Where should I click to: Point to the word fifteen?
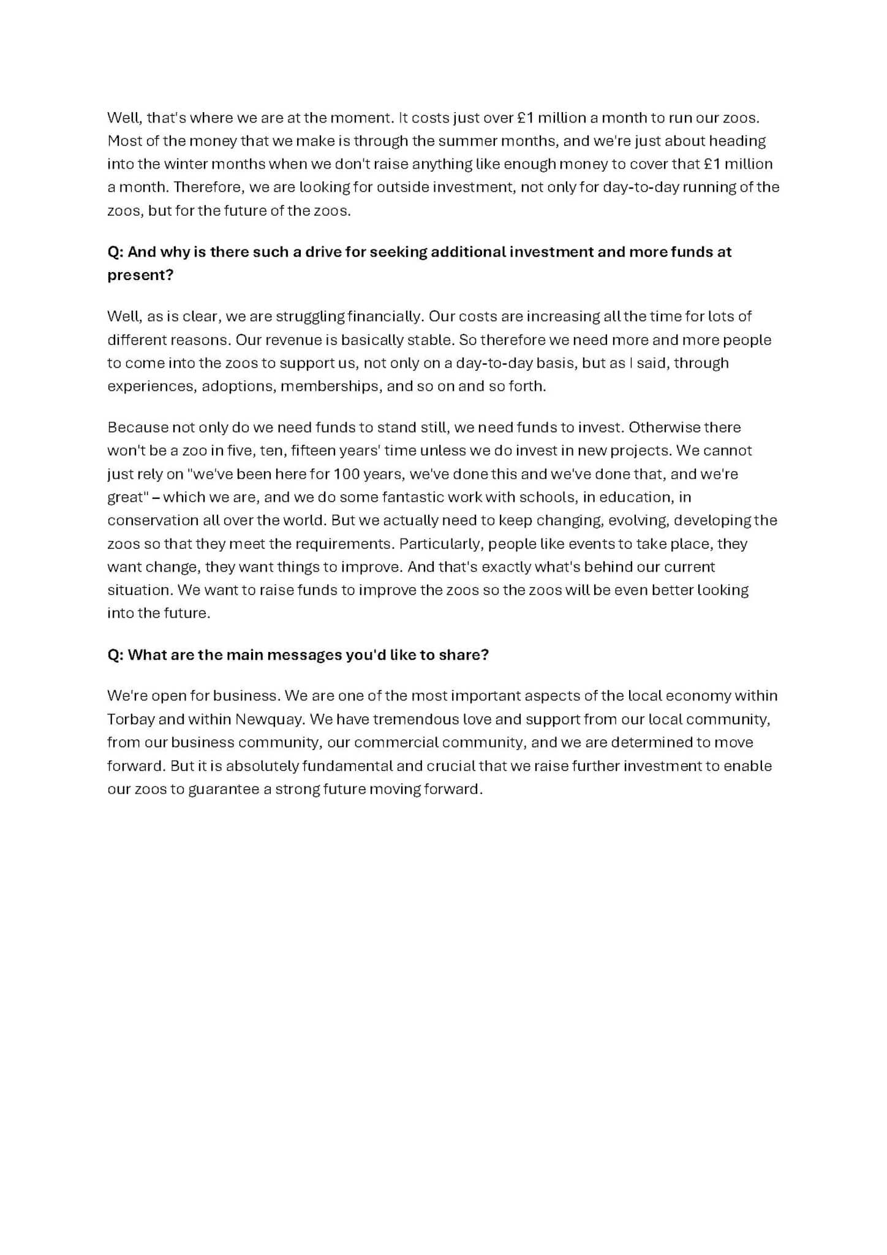tap(312, 450)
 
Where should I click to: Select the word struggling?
tap(310, 317)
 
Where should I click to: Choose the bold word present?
tap(140, 275)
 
